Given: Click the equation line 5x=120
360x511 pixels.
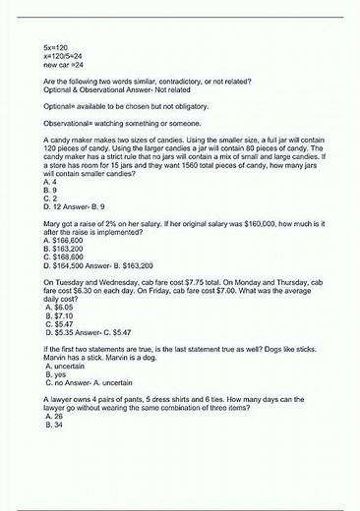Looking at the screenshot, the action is click(55, 46).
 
